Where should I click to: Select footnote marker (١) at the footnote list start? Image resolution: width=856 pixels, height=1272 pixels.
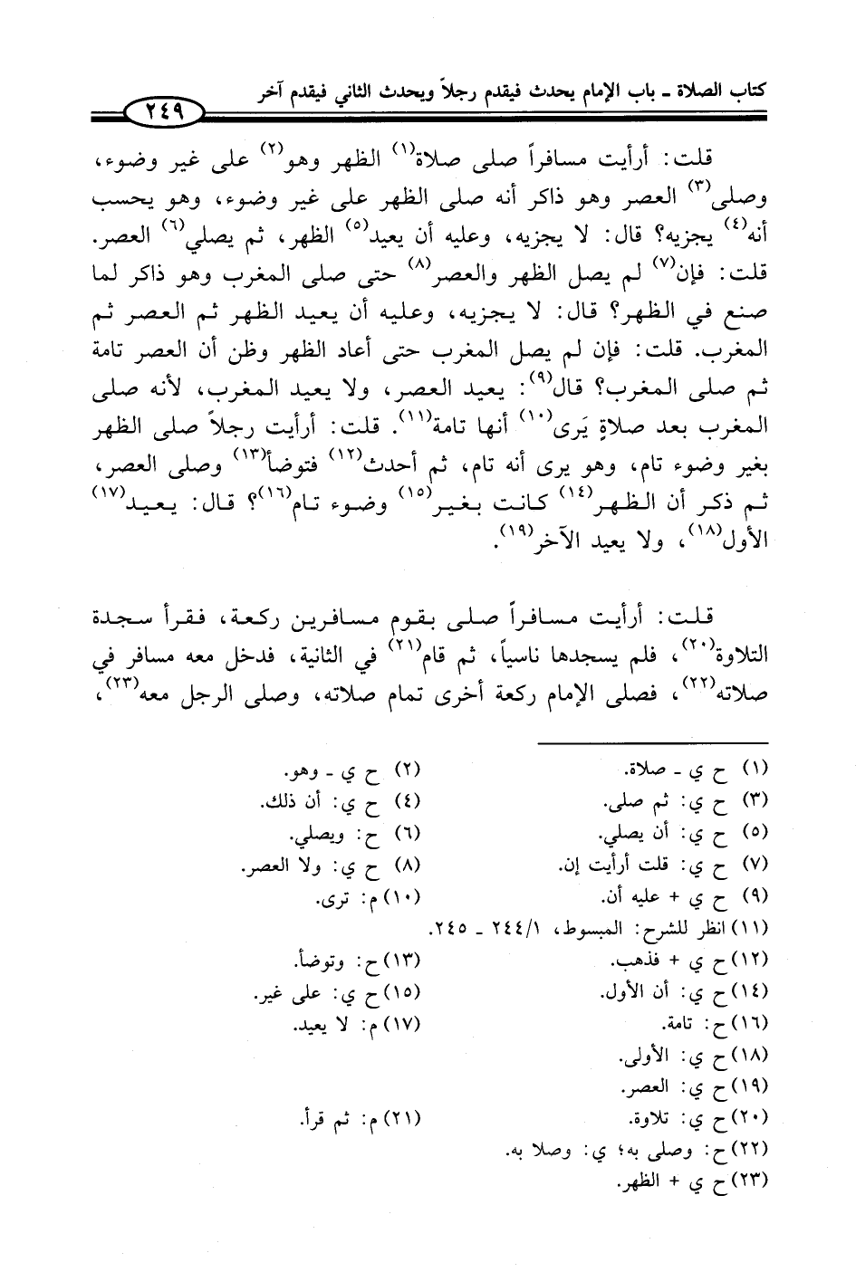pyautogui.click(x=755, y=770)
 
